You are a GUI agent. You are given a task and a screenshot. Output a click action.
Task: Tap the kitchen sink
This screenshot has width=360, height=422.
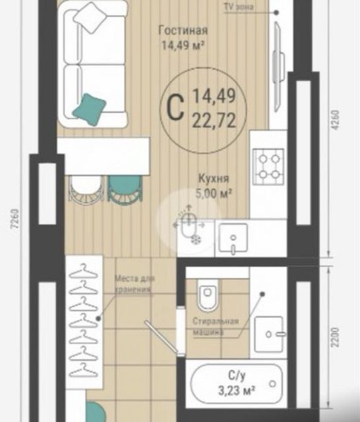click(x=232, y=237)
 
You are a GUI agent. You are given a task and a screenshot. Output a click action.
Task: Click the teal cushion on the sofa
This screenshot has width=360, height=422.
click(x=89, y=108)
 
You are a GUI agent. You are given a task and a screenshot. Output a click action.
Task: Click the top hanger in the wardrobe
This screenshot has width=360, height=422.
click(x=84, y=270)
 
